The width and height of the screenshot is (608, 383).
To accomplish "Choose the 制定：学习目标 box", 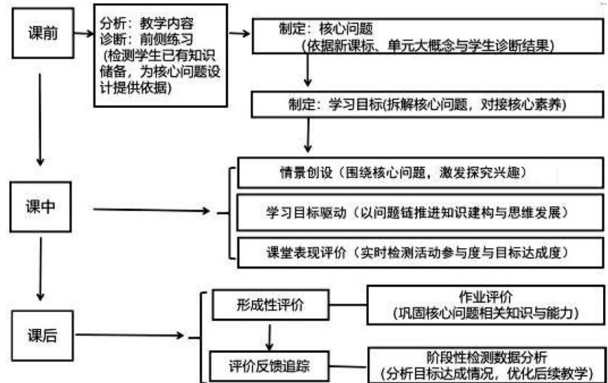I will [427, 105].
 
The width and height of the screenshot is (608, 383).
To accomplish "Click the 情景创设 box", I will [421, 173].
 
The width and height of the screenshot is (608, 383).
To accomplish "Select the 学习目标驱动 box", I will [421, 212].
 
